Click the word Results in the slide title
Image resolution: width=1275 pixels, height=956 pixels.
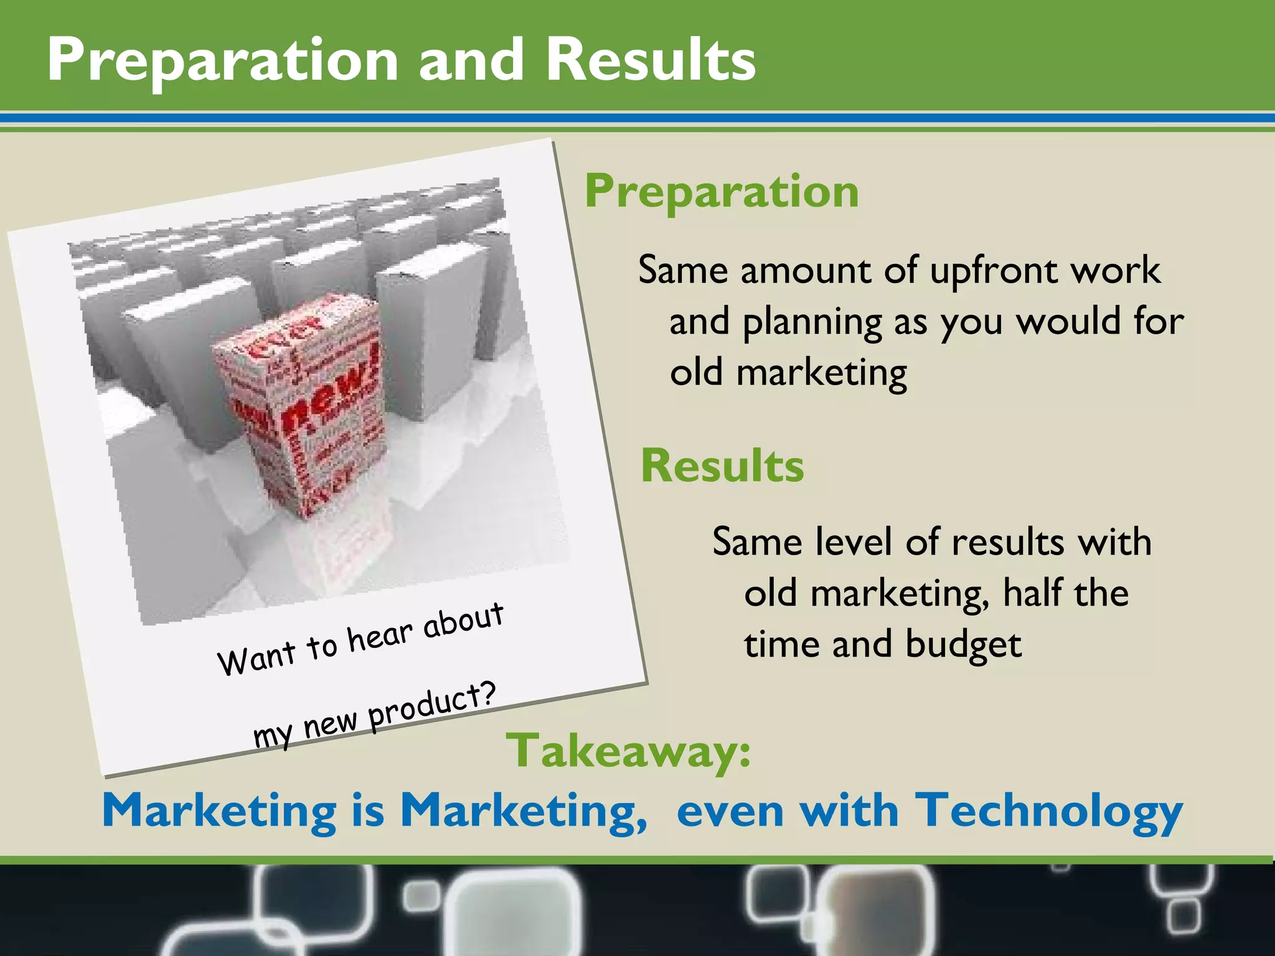(x=650, y=60)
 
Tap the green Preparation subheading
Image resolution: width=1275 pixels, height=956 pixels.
(x=722, y=192)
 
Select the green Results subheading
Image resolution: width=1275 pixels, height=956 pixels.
(x=722, y=466)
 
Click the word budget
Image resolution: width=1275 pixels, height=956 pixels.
(x=963, y=645)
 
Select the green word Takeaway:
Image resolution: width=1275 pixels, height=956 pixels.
(x=628, y=751)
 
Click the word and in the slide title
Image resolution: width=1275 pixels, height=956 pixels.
(x=471, y=60)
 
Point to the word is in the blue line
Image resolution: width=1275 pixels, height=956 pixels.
(x=367, y=812)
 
